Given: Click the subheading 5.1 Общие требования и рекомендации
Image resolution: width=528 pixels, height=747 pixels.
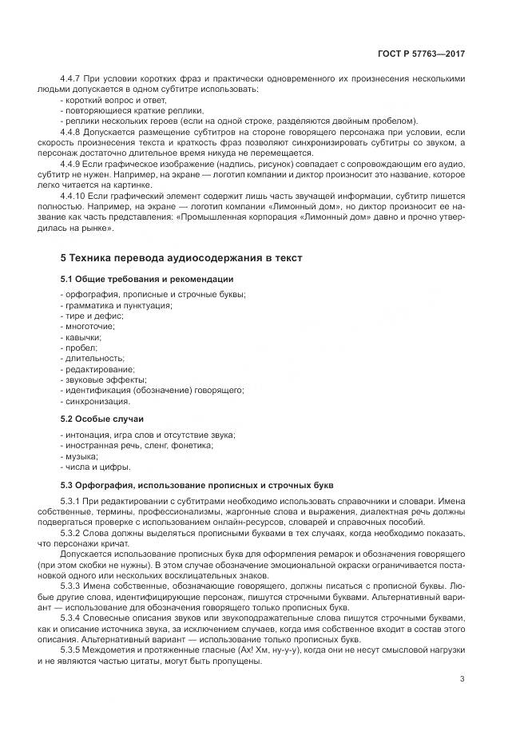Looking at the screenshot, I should [147, 279].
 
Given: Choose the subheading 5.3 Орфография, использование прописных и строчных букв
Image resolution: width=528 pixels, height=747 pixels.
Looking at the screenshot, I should [193, 485].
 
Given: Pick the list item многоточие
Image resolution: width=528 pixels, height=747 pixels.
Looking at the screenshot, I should [89, 326].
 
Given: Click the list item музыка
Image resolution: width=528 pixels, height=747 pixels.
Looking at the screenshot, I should [81, 455].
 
